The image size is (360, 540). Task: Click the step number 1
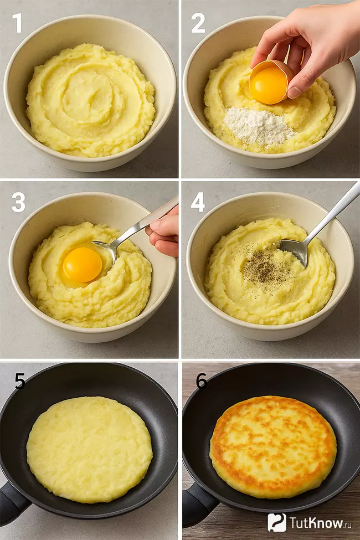coord(17,23)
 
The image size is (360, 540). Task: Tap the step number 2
coord(198,23)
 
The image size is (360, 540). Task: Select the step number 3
coord(18,203)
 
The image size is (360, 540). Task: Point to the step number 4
coord(198,203)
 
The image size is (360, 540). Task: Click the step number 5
coord(20,381)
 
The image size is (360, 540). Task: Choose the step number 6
coord(202,381)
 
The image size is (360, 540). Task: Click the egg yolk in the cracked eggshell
coord(269,86)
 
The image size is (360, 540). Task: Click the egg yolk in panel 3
coord(83,265)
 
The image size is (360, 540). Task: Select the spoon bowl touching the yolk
coord(105,251)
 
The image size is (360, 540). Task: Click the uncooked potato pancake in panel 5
coord(90,449)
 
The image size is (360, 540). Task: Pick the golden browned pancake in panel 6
coord(273,446)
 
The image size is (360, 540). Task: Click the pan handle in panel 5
coord(11,502)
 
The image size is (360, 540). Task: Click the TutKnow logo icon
coord(277,522)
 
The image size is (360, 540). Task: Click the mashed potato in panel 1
coord(90,100)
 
